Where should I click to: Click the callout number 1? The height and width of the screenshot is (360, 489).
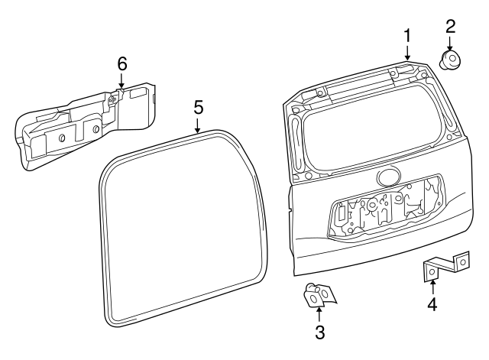point(407,35)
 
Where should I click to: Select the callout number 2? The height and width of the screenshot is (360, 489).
point(451,26)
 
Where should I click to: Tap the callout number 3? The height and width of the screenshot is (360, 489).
point(320,332)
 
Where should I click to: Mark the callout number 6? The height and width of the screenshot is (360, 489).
point(121,63)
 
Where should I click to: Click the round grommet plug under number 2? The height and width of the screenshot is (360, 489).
point(450,60)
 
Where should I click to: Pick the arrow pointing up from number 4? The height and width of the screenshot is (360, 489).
point(432,287)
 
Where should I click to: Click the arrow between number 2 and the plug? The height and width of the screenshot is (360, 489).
point(451,43)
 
